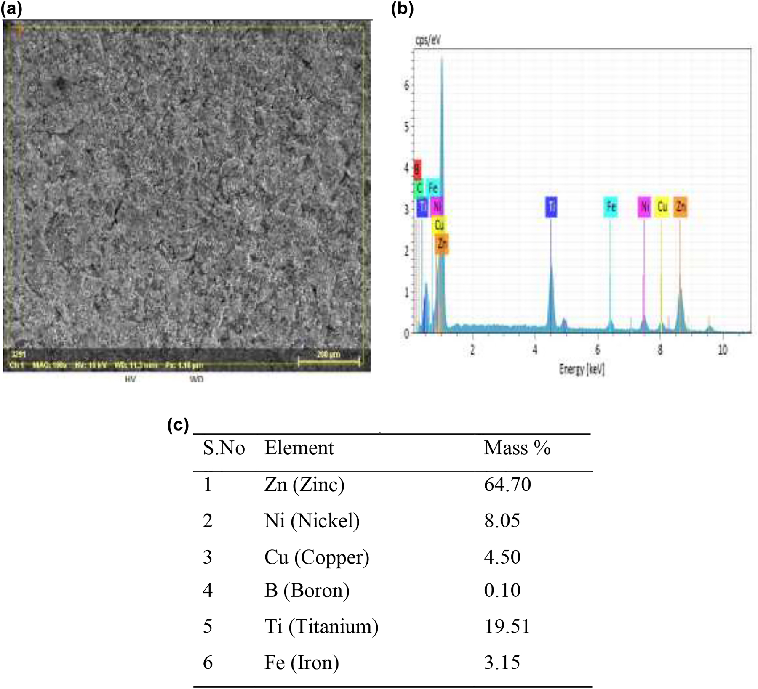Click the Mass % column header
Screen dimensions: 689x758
click(x=517, y=448)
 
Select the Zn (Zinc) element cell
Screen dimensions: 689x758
click(x=304, y=485)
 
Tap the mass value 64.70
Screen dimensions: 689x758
click(x=507, y=485)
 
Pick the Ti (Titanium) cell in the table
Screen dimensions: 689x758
click(x=321, y=626)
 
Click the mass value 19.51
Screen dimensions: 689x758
click(x=507, y=626)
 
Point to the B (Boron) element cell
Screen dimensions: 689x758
click(x=307, y=590)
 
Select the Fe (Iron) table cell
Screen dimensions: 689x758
click(x=302, y=662)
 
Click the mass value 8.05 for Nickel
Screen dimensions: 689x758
click(x=502, y=521)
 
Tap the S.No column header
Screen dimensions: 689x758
click(x=224, y=448)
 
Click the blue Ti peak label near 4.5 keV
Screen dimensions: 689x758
click(x=551, y=207)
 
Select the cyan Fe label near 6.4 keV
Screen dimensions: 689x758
click(x=610, y=207)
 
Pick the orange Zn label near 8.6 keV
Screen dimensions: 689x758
click(x=680, y=207)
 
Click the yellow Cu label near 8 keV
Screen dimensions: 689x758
click(x=662, y=207)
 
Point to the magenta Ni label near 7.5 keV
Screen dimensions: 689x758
click(x=644, y=207)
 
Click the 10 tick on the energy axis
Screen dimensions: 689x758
click(x=722, y=350)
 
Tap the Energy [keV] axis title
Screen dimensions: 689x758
click(x=582, y=369)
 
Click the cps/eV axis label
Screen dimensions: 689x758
click(x=428, y=41)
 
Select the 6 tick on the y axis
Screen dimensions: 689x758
click(x=406, y=85)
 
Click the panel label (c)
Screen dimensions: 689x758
click(x=178, y=425)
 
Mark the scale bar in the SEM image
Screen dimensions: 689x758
click(x=329, y=361)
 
